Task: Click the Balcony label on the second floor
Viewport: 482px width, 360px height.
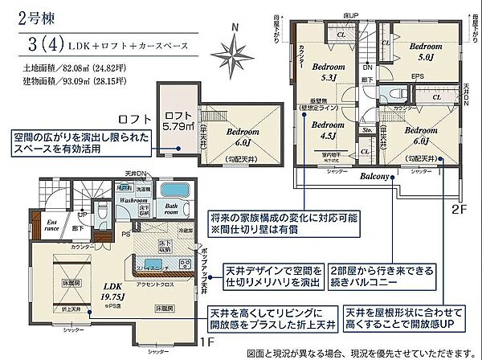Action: point(375,175)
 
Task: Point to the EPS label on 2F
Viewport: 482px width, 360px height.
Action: point(417,77)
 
